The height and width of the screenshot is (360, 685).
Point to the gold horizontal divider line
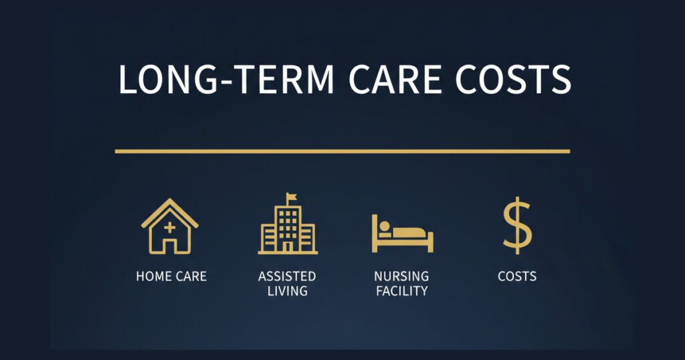[x=342, y=151]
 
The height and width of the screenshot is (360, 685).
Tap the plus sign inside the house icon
[x=170, y=228]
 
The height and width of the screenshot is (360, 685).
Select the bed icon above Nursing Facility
[x=403, y=234]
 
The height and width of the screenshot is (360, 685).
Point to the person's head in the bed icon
[x=386, y=227]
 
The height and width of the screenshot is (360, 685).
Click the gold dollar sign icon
[x=517, y=226]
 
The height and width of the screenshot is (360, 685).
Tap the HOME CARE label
[x=171, y=276]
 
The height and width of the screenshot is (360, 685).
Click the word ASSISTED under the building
[x=287, y=276]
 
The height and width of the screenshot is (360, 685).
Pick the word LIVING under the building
[x=287, y=291]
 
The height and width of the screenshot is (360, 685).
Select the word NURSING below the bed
[x=402, y=276]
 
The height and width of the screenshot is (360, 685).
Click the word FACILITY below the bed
[x=402, y=291]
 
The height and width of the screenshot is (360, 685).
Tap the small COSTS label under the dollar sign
[x=517, y=276]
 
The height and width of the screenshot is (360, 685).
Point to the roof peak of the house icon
[x=170, y=200]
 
